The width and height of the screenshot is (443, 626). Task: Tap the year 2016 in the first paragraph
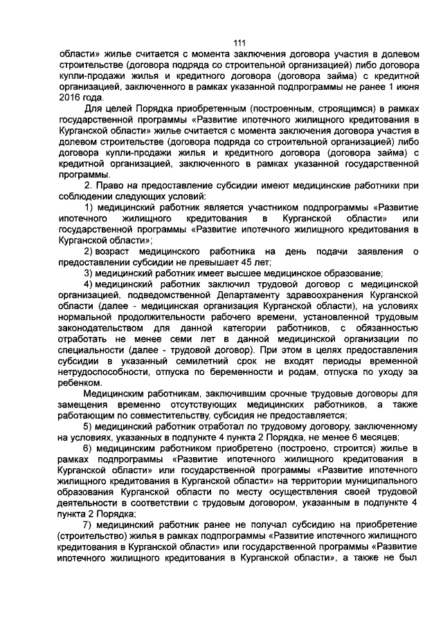73,98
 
